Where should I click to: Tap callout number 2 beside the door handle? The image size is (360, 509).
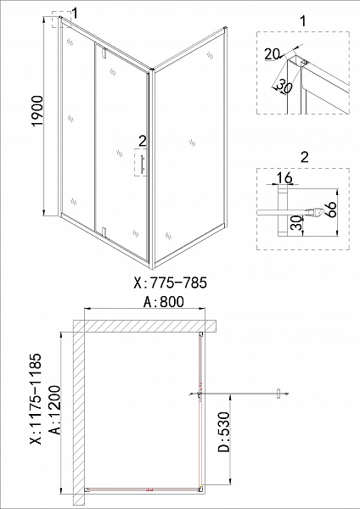[x=142, y=140]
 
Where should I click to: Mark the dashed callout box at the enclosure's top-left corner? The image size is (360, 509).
[x=59, y=20]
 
